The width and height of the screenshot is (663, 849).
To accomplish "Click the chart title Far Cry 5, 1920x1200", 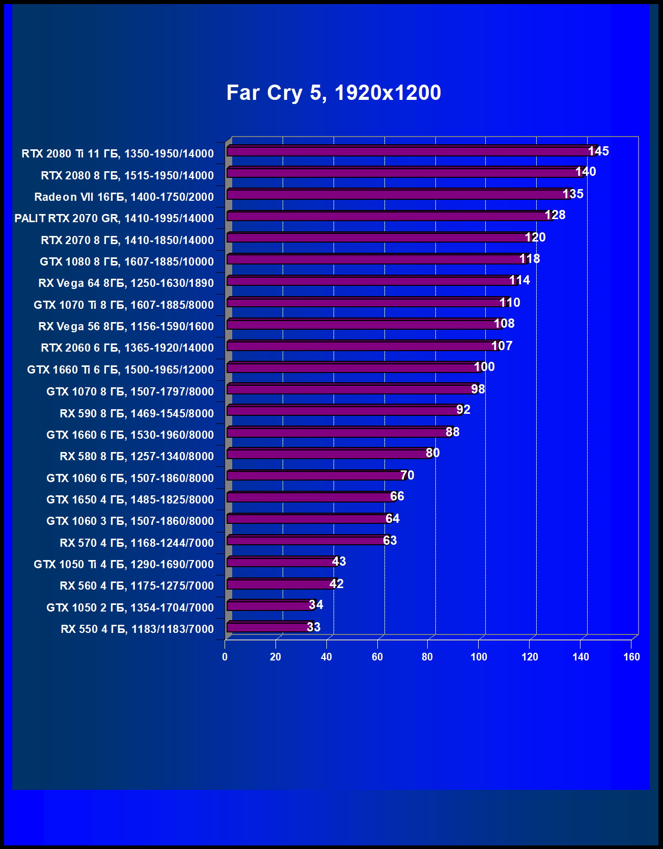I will [334, 93].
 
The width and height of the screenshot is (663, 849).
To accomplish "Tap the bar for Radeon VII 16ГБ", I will [397, 194].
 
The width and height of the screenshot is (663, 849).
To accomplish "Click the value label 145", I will [598, 151].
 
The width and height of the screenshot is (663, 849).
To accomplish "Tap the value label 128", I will [555, 215].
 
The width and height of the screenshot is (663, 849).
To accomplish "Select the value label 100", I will [484, 367].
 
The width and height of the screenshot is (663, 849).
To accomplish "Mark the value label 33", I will [314, 627].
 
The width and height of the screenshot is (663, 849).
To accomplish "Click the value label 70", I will [407, 475].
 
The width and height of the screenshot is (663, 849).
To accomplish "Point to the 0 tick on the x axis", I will [225, 657].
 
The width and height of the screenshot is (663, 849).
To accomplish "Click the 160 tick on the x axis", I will [631, 657].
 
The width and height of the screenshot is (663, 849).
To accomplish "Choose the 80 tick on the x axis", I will [427, 657].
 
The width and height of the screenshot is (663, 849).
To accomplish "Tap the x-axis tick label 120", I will [530, 657].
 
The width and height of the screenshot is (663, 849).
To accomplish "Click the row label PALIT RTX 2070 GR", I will [114, 218].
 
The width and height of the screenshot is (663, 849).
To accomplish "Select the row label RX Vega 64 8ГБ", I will [126, 283].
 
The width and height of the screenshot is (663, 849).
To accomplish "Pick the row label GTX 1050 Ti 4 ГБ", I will [124, 564].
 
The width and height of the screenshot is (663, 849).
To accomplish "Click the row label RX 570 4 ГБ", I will [136, 543].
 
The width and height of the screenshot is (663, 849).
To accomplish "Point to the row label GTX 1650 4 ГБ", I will [130, 499].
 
